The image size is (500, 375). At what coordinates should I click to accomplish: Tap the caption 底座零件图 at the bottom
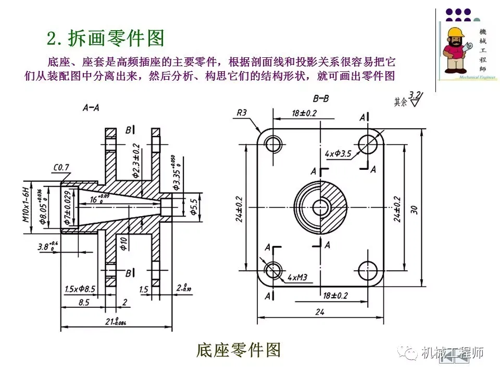pos(239,350)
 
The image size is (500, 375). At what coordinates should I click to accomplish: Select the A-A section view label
pos(92,108)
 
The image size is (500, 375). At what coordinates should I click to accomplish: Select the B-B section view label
pos(321,98)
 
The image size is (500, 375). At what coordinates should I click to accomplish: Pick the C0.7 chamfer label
pos(61,167)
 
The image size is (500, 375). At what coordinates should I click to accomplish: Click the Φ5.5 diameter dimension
pos(194,205)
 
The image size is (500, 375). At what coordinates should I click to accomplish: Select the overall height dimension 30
pos(414,209)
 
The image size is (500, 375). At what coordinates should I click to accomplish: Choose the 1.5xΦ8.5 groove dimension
pos(80,289)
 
